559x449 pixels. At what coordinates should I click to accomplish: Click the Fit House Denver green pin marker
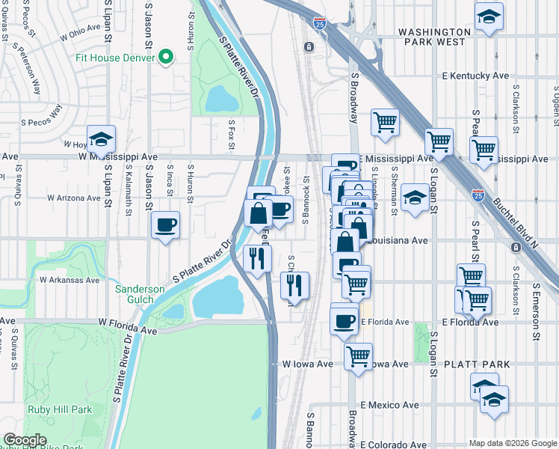(x=167, y=57)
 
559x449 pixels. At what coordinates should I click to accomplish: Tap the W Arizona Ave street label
(x=73, y=198)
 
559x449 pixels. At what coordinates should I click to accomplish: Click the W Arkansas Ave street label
(x=70, y=280)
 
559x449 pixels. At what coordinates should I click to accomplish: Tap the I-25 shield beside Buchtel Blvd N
(x=478, y=196)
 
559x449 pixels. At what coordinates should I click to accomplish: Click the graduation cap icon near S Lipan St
(x=101, y=139)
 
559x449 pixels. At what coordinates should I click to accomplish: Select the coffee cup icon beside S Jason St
(x=165, y=224)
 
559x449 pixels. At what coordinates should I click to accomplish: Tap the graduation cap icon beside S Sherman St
(x=413, y=198)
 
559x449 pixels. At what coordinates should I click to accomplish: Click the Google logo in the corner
(x=25, y=440)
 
